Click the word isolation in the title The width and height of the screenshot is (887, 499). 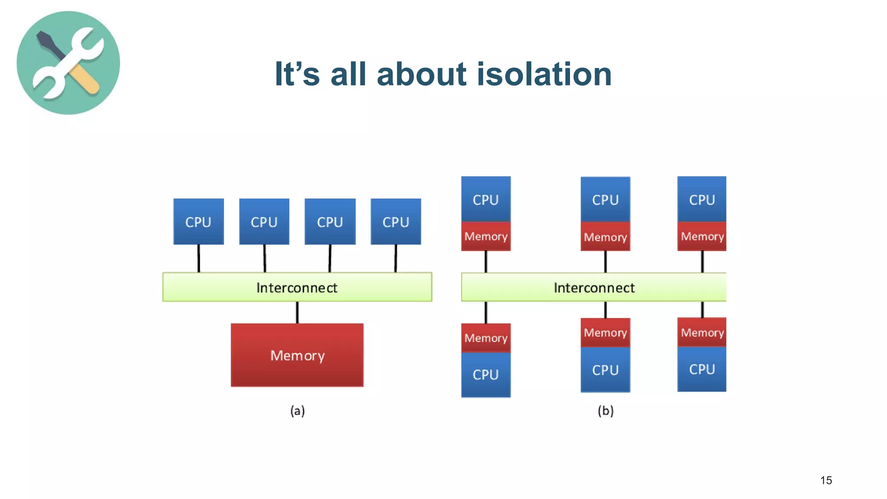[x=544, y=74]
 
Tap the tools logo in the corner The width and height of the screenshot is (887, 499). [x=68, y=63]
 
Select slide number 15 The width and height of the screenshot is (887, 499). [x=825, y=480]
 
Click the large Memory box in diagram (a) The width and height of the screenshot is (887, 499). [x=297, y=355]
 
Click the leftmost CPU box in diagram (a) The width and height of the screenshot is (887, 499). [x=198, y=221]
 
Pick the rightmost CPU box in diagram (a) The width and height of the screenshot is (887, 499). [x=395, y=221]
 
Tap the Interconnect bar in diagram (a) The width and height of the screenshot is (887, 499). [x=297, y=287]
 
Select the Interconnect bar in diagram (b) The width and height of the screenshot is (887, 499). [x=594, y=287]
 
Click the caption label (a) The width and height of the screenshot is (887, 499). [x=297, y=410]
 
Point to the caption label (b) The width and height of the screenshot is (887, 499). [x=605, y=410]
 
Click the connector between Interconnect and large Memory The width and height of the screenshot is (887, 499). [x=297, y=312]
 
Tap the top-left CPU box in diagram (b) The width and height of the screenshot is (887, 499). [x=486, y=199]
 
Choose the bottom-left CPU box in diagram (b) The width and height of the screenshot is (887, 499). [x=486, y=374]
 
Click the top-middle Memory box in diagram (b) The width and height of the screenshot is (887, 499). [x=605, y=237]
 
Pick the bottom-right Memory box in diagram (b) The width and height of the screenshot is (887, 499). [x=702, y=332]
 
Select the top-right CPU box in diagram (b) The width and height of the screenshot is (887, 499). [x=702, y=199]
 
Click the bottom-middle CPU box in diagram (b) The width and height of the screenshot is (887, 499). [x=605, y=370]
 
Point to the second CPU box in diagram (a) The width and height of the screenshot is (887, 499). [x=264, y=221]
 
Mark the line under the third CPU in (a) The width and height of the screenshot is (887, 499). [x=330, y=259]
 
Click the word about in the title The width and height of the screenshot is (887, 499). [x=421, y=74]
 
